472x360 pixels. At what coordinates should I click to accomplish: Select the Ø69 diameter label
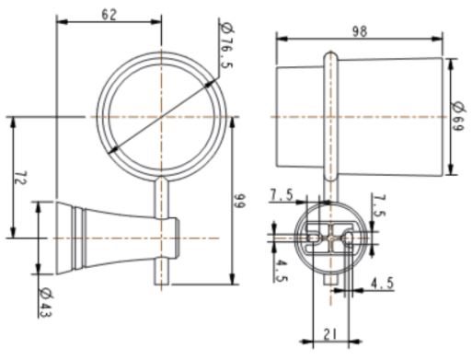click(x=457, y=117)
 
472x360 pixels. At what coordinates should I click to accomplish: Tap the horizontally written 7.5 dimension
click(x=281, y=194)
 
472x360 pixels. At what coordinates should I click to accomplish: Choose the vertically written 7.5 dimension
click(x=380, y=207)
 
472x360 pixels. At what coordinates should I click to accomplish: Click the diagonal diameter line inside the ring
click(x=161, y=118)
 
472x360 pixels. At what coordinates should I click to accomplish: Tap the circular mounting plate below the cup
click(x=328, y=238)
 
